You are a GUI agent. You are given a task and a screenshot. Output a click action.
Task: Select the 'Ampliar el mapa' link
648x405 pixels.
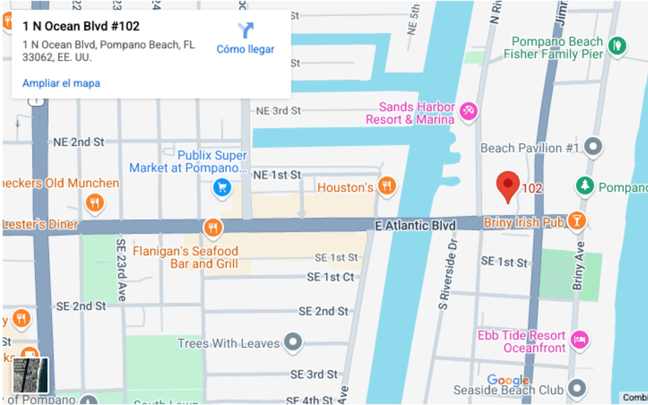click(61, 83)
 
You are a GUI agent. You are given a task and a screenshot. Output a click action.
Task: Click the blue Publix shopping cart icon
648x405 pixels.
click(222, 187)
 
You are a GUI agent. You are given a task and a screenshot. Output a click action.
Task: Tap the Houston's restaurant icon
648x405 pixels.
click(387, 185)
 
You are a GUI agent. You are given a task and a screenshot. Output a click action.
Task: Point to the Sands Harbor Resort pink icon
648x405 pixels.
click(468, 111)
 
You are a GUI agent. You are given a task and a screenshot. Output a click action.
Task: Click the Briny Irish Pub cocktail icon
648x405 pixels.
click(576, 220)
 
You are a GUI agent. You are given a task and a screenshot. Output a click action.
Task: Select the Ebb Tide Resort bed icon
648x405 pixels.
click(579, 339)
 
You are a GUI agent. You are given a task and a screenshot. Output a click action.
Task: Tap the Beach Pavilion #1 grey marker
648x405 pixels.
click(593, 147)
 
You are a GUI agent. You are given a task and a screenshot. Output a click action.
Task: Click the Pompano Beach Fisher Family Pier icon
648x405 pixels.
click(617, 45)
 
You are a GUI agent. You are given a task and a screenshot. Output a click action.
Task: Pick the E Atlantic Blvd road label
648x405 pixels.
click(415, 225)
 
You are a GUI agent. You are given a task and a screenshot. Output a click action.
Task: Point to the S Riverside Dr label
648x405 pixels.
click(448, 274)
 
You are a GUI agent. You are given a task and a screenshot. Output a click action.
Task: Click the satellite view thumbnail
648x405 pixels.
click(30, 375)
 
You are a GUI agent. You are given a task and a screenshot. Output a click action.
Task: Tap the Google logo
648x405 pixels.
click(508, 380)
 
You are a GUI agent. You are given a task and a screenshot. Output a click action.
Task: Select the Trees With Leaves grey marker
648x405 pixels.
click(293, 342)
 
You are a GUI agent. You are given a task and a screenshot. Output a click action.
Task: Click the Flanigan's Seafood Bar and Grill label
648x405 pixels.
click(185, 257)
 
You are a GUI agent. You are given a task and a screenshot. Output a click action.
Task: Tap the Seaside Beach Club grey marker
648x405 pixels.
click(577, 388)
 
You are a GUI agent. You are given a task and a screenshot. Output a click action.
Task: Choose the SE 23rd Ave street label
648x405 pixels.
click(121, 270)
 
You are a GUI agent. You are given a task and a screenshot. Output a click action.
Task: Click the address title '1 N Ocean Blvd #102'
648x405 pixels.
click(81, 26)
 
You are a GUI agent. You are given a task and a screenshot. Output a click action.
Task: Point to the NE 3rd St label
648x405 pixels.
click(278, 111)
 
